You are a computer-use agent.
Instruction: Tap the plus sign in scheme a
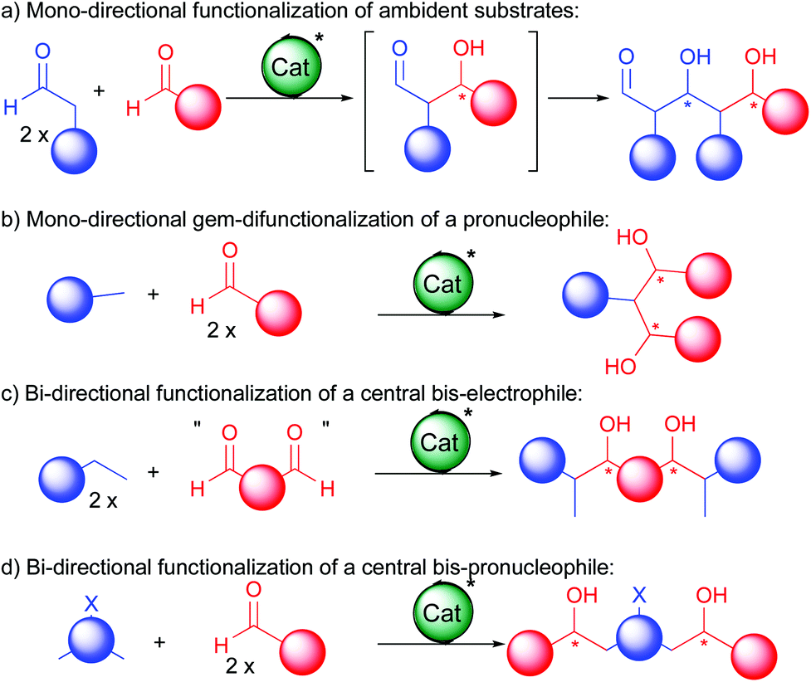point(100,90)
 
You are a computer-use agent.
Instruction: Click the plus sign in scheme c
point(153,473)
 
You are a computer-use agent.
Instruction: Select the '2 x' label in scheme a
point(41,129)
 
